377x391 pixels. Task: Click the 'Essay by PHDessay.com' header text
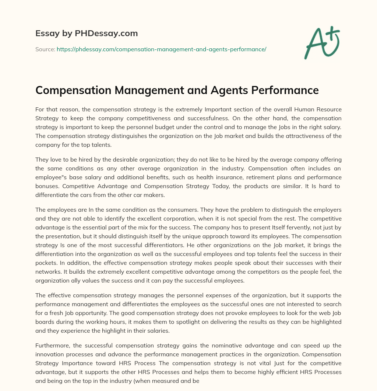click(87, 34)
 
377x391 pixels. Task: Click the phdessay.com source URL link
click(161, 49)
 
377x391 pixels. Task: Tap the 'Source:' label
click(45, 49)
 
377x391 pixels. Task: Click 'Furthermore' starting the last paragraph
click(52, 345)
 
